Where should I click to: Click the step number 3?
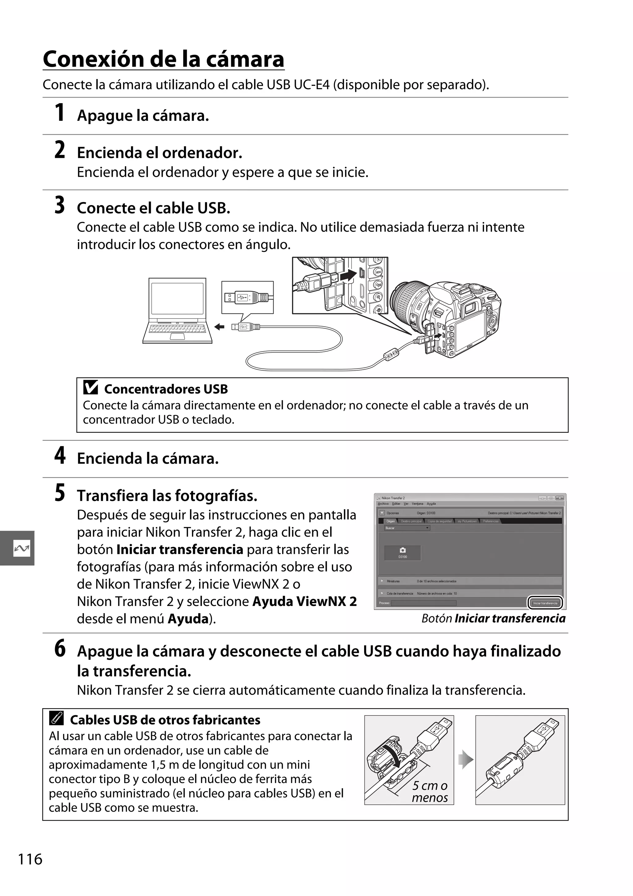pos(59,206)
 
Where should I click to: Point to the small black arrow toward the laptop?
pos(219,327)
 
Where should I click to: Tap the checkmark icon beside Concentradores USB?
pos(91,388)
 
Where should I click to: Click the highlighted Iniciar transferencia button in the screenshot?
pos(546,603)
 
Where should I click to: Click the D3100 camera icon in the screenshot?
pos(403,553)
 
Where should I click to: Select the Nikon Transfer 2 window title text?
pos(393,498)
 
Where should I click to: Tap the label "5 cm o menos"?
pos(430,791)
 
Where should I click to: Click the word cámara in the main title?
pos(245,59)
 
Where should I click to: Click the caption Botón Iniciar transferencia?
pos(493,619)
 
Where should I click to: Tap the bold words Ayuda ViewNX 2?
pos(304,601)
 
